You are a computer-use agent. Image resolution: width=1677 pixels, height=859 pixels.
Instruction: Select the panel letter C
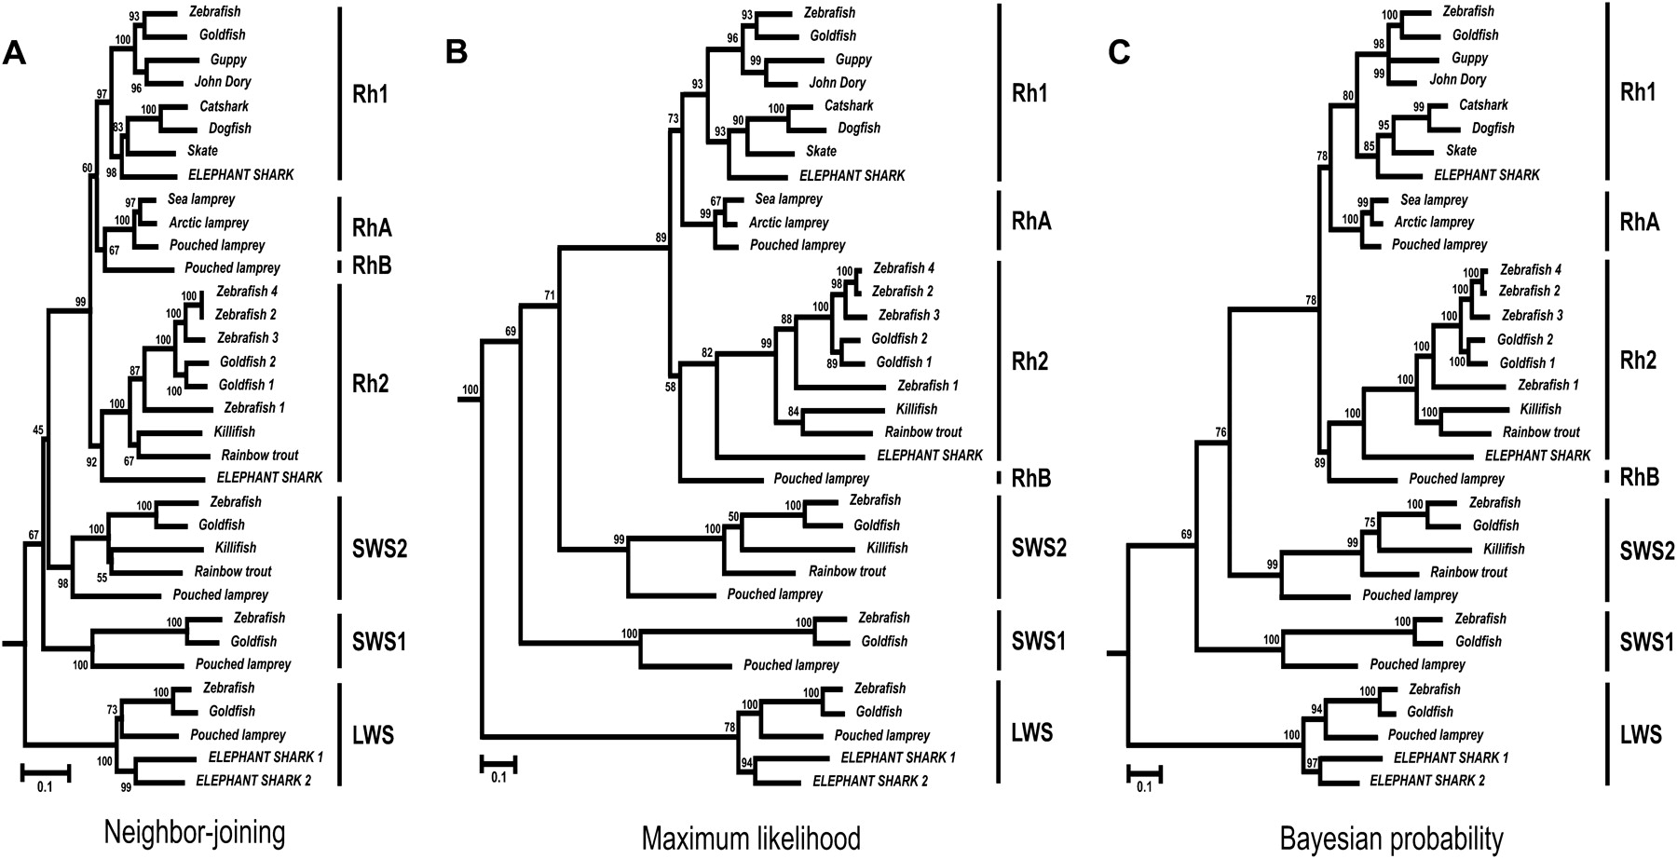(x=1119, y=52)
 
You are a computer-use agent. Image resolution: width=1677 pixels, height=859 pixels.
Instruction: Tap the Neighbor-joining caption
(x=195, y=832)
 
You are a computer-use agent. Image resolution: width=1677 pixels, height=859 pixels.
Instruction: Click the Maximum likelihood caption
(x=750, y=838)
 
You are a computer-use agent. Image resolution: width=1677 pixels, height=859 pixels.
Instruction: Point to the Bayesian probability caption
(x=1391, y=838)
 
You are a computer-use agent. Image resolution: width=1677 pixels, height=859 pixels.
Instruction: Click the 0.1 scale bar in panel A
(x=46, y=772)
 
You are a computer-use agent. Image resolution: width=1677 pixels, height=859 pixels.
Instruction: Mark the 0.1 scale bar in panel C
(x=1144, y=772)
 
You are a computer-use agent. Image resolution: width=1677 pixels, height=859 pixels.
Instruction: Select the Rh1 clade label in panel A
(x=371, y=93)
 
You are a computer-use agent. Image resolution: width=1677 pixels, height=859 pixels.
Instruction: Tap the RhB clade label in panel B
(x=1031, y=479)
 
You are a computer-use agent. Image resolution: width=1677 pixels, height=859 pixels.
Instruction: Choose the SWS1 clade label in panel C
(x=1647, y=642)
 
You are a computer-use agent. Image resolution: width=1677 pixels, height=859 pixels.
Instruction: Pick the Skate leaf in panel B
(x=821, y=151)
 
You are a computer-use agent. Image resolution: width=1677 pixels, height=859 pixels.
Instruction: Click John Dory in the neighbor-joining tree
(x=223, y=82)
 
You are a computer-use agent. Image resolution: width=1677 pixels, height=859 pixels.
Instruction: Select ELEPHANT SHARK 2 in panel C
(x=1427, y=781)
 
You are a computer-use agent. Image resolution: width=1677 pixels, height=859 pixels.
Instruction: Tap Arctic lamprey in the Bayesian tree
(x=1434, y=222)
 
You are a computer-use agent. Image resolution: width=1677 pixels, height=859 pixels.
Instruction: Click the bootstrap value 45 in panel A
(x=38, y=430)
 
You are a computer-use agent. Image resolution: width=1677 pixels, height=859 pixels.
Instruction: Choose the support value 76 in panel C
(x=1221, y=431)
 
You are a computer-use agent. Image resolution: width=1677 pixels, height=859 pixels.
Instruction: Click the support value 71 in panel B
(x=550, y=296)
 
